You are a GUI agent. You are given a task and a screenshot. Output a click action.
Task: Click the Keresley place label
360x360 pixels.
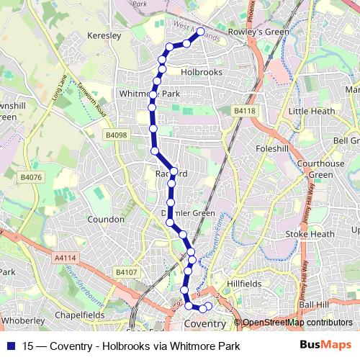click(x=102, y=35)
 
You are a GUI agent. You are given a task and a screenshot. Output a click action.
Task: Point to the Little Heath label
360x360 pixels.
click(x=311, y=111)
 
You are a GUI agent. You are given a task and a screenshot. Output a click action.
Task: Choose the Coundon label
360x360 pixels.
click(x=106, y=218)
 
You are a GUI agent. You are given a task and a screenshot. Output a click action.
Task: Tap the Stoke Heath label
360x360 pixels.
click(x=310, y=234)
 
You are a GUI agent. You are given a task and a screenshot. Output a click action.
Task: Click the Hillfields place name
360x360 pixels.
click(x=244, y=284)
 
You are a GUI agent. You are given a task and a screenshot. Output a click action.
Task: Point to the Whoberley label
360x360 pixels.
click(x=24, y=320)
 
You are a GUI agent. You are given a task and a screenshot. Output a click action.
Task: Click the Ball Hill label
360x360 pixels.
click(x=314, y=305)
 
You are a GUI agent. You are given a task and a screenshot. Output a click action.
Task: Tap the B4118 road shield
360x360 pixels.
click(x=244, y=110)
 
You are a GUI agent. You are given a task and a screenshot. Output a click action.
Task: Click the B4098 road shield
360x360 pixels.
click(x=115, y=135)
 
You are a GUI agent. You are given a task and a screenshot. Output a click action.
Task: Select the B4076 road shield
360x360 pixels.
click(x=31, y=177)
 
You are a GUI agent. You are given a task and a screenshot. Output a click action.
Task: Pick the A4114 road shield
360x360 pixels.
click(x=65, y=257)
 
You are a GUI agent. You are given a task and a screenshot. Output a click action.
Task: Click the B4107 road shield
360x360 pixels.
click(x=126, y=271)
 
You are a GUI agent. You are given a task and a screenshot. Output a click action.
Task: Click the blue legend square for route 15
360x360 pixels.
click(x=10, y=346)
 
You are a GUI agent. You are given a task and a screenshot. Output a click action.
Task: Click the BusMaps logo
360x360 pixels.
click(x=325, y=346)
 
